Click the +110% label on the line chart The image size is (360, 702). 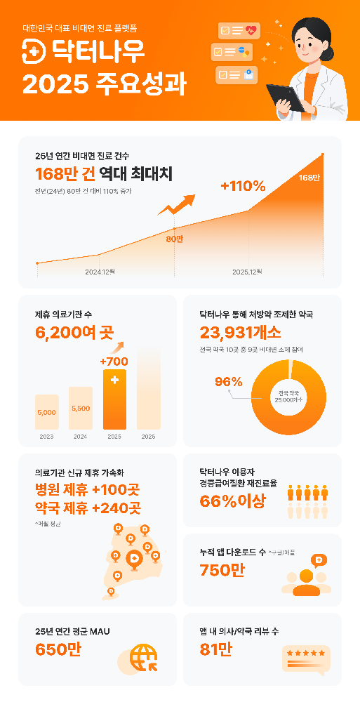pos(243,186)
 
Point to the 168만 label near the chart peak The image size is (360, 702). pos(309,177)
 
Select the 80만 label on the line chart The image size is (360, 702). pos(174,239)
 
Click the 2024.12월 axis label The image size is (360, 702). pos(100,271)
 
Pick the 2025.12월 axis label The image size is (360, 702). pos(247,271)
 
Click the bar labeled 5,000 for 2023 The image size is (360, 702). pos(46,412)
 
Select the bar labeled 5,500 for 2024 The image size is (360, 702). pos(80,408)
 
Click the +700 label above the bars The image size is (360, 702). pos(114,362)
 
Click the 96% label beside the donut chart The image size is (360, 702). pos(229,382)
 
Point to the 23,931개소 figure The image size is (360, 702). pos(240,332)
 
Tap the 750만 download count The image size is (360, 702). pos(222,570)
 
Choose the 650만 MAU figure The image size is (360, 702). pos(58,650)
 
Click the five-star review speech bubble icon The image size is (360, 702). pos(305,658)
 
